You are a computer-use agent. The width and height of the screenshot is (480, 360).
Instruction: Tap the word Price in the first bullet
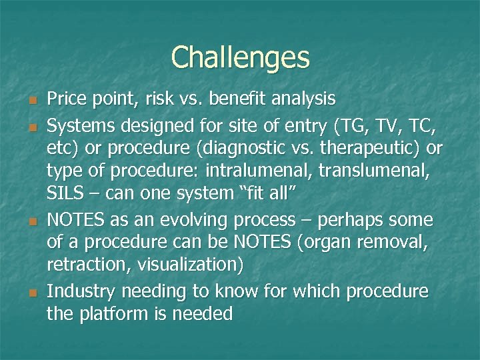(64, 99)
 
